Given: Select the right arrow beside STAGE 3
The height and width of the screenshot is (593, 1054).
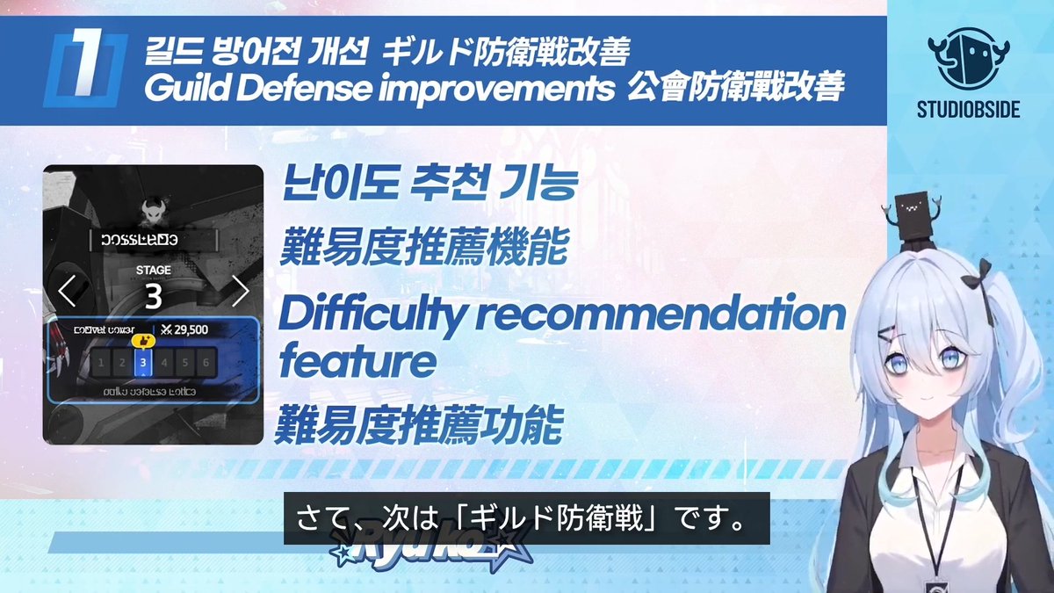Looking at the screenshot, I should click(x=240, y=290).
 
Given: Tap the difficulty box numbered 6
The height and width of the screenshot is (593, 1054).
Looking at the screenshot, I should click(x=206, y=362).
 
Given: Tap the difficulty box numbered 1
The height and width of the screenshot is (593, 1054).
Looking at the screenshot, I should click(x=101, y=362).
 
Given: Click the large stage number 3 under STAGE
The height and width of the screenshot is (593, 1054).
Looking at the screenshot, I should click(x=154, y=297).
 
